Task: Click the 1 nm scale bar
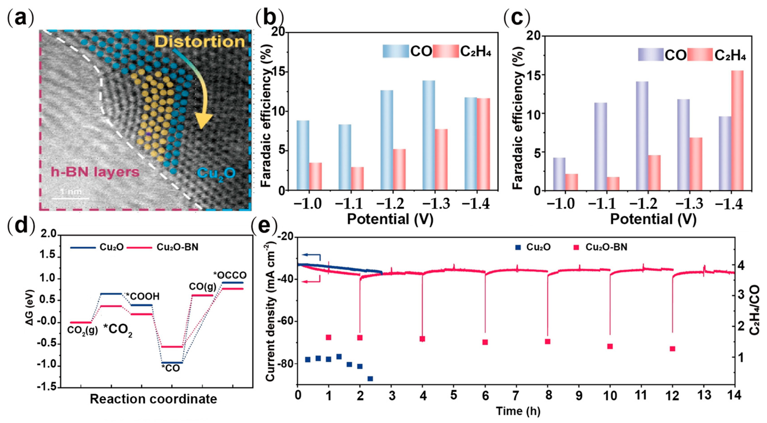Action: click(71, 198)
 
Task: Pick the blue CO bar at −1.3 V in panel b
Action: click(429, 135)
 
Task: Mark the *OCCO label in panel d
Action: click(230, 275)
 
